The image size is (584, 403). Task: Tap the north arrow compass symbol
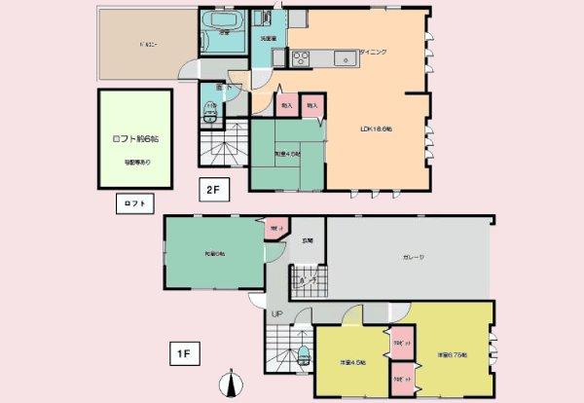tap(231, 385)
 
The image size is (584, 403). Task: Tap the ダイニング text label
tap(373, 52)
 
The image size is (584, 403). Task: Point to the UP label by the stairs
tap(277, 314)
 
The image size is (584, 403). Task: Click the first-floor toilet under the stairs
tap(302, 352)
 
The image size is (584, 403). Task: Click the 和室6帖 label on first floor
tap(214, 254)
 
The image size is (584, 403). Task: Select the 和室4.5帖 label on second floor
tap(285, 154)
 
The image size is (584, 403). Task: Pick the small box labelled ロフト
tap(132, 203)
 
